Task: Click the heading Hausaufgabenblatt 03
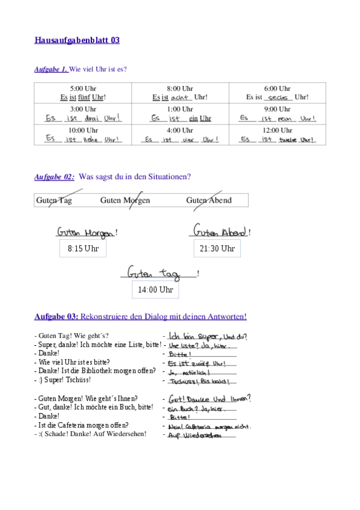tap(77, 40)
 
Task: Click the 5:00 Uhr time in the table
tap(83, 88)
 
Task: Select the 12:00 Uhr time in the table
tap(277, 130)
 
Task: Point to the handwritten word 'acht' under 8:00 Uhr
tap(180, 97)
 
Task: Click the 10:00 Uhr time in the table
tap(83, 130)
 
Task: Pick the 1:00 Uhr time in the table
tap(180, 109)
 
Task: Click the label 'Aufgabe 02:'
tap(54, 177)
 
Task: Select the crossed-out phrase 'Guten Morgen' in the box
tap(125, 200)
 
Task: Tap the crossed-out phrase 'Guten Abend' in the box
tap(209, 200)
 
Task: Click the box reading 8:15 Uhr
tap(83, 248)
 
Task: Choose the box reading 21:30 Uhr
tap(217, 248)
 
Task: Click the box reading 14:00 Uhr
tap(155, 290)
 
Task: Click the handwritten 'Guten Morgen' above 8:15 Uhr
tap(85, 232)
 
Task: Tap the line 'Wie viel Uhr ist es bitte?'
tap(74, 363)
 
